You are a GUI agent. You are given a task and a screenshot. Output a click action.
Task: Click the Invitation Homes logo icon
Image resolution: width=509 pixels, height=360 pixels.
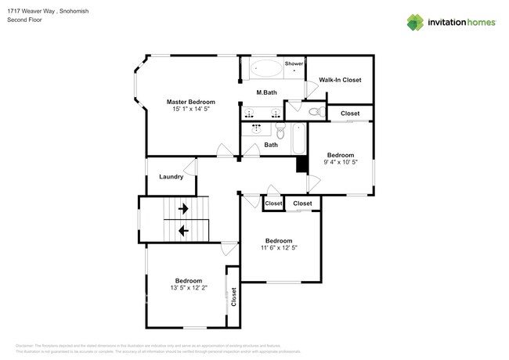(414, 23)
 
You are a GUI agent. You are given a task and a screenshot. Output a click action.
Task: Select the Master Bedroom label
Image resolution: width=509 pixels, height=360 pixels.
(190, 102)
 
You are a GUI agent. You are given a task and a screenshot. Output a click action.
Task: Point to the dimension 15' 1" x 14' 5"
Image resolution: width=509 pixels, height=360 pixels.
(190, 110)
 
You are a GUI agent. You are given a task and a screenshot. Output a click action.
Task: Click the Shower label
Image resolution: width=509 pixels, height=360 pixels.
(294, 63)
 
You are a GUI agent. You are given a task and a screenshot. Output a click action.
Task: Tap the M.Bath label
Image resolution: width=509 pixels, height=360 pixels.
(267, 93)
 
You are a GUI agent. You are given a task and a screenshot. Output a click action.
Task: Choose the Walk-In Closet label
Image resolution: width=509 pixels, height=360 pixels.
(339, 80)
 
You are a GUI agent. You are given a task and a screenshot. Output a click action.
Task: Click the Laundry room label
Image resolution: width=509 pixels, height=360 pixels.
(171, 177)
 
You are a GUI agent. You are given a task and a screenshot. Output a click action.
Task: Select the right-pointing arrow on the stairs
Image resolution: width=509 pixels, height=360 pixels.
(183, 209)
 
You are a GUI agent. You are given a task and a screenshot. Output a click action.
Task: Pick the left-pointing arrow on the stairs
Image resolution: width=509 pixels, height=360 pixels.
(183, 230)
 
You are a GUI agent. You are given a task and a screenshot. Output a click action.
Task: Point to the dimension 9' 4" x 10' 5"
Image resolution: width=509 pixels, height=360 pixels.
(341, 162)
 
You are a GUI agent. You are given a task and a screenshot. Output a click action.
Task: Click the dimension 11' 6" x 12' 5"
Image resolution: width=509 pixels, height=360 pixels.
(279, 247)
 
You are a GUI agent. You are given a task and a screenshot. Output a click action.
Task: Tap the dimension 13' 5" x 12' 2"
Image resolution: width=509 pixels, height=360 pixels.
(188, 288)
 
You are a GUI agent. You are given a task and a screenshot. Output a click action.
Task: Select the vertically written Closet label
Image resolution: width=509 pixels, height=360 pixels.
(233, 297)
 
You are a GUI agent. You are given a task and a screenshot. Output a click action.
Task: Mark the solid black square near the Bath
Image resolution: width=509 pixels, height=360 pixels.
(301, 165)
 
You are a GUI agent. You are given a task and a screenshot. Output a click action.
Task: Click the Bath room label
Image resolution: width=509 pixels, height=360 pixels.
(271, 145)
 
